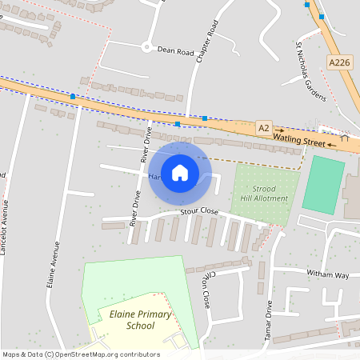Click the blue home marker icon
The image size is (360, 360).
click(180, 172)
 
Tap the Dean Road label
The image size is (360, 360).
click(176, 51)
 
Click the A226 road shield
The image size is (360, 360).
click(338, 61)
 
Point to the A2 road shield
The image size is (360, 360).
click(264, 127)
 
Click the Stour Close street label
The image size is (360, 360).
click(199, 211)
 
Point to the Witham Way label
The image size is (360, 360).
click(328, 275)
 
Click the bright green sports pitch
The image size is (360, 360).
click(324, 185)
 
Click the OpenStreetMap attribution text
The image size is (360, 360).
click(80, 354)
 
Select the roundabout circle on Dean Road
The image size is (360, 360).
click(146, 46)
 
